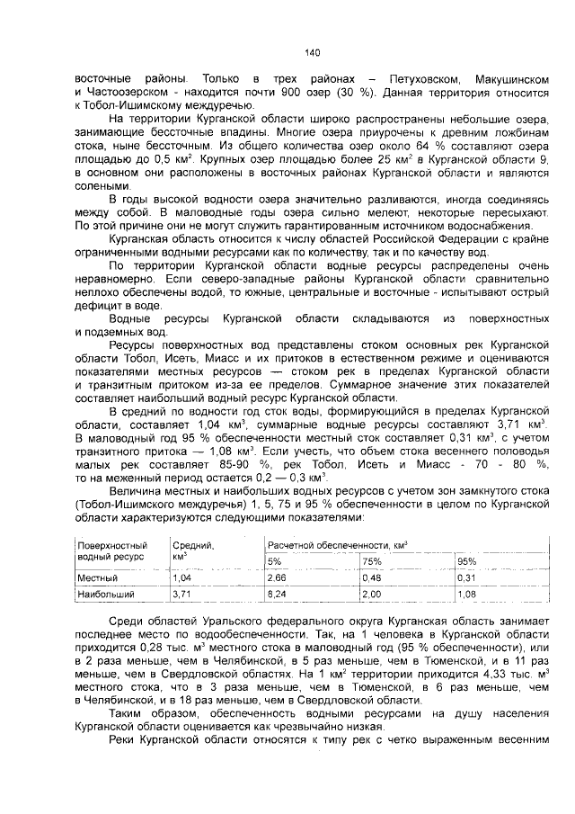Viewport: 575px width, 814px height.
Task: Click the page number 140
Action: (313, 51)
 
